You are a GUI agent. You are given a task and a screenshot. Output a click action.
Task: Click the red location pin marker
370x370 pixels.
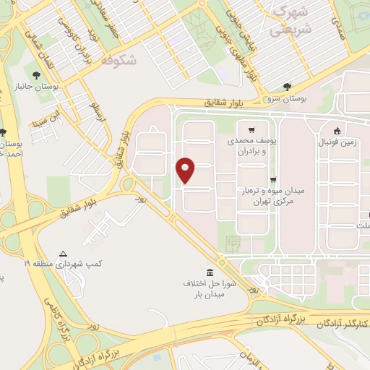pyautogui.click(x=186, y=169)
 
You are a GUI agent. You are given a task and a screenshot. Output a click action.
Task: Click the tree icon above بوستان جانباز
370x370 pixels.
pyautogui.click(x=37, y=74)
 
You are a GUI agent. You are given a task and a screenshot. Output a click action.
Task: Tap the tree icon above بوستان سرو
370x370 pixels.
pyautogui.click(x=288, y=86)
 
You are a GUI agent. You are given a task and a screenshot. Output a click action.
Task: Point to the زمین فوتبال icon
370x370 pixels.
pyautogui.click(x=337, y=131)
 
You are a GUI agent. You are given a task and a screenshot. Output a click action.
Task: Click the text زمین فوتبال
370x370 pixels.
pyautogui.click(x=337, y=143)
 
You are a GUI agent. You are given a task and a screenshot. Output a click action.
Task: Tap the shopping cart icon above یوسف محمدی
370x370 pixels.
pyautogui.click(x=251, y=131)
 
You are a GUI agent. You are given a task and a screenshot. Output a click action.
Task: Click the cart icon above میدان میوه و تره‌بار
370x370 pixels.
pyautogui.click(x=272, y=180)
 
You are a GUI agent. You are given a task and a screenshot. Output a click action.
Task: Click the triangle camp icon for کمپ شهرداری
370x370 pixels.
pyautogui.click(x=63, y=254)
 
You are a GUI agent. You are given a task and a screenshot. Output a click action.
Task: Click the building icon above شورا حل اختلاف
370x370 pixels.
pyautogui.click(x=210, y=272)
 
